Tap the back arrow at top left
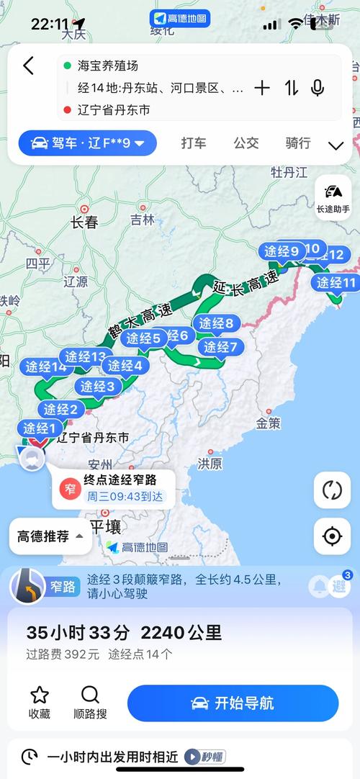[28, 66]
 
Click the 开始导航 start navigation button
[233, 703]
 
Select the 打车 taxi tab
[194, 143]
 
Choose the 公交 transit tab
[246, 143]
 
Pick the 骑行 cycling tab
[297, 143]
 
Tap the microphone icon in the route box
[317, 88]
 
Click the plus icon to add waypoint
[262, 88]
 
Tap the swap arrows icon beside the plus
[291, 88]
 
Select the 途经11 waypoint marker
[336, 283]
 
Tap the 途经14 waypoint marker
[45, 367]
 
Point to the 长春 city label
[84, 222]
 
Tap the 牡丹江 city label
[289, 172]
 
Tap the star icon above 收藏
[40, 695]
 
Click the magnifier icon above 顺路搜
[90, 695]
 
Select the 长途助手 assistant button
[333, 197]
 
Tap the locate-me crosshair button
[332, 536]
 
